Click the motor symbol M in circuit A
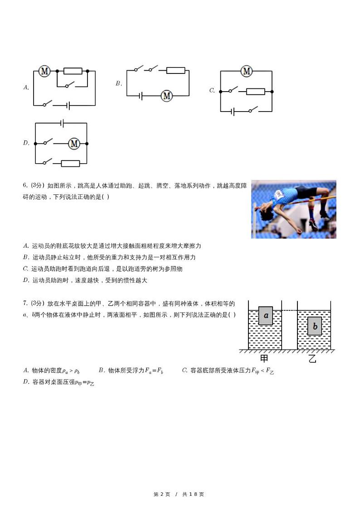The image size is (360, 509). coord(44,71)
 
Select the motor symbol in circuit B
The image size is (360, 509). coord(167,96)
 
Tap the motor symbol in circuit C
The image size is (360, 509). coord(246,71)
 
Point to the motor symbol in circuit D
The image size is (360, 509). coord(74,144)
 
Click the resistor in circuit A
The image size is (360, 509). coord(73,71)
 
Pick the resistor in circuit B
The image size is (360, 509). coord(175,70)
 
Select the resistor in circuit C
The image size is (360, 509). coord(255,92)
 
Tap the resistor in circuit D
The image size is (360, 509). coord(70,164)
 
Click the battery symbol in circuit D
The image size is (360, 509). coord(63,123)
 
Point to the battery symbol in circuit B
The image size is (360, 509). coord(141,96)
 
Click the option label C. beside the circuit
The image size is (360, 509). coord(212,91)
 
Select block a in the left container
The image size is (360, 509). coord(266,315)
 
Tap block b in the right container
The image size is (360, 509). coord(314,326)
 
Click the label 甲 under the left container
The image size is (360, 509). coord(264,359)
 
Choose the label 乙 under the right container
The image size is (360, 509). coord(312,359)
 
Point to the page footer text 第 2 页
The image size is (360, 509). coord(162,494)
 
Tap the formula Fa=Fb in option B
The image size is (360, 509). coord(154,371)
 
